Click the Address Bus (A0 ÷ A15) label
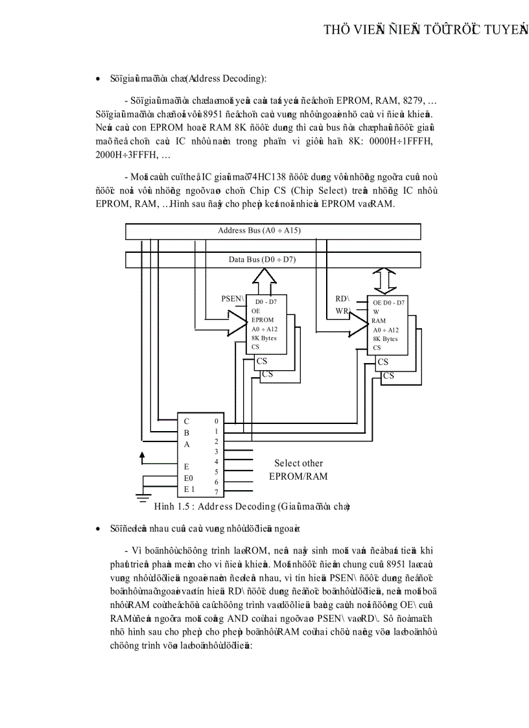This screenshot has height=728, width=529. coord(259,231)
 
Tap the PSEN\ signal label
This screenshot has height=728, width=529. coord(233,299)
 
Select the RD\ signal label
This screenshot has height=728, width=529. coord(342,299)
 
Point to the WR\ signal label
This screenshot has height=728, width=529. coord(342,311)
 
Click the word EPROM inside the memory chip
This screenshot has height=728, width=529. coord(263,320)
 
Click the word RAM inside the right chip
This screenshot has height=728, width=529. coord(379,321)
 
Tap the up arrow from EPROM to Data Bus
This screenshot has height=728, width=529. coord(265,280)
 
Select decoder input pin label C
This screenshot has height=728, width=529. coord(187,421)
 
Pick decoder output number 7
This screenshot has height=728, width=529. coord(216,492)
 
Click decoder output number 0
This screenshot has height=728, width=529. coord(216,421)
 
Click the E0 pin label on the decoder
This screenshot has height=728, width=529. coord(189,478)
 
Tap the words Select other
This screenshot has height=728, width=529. coord(298,464)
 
